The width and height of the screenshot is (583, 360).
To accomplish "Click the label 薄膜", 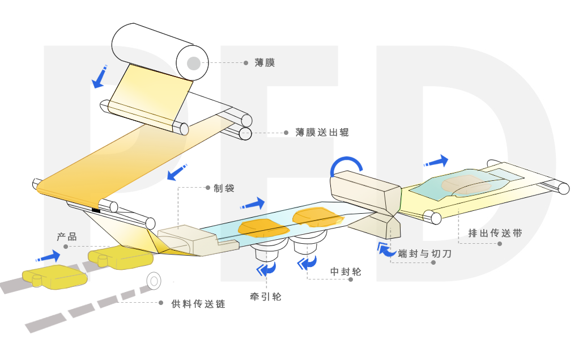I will (x=265, y=63).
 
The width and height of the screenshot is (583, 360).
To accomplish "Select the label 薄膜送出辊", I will (x=322, y=133).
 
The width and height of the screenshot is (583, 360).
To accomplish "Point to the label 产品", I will (x=66, y=237).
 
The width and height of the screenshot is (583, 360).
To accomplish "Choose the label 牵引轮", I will (x=265, y=297).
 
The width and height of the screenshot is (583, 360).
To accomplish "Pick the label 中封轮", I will (x=346, y=273).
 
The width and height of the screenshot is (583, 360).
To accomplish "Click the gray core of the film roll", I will (x=193, y=62).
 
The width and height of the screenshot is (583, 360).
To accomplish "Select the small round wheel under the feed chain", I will (x=153, y=279).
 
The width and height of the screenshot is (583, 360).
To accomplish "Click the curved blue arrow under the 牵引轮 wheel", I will (x=266, y=268).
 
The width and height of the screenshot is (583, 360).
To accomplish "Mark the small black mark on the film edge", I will (x=96, y=210).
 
